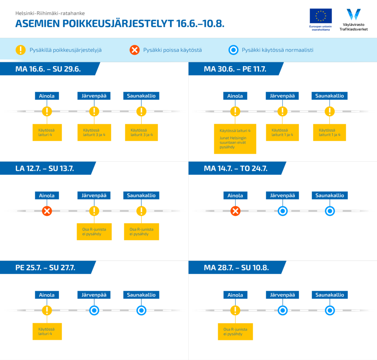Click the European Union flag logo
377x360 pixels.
(x=321, y=16)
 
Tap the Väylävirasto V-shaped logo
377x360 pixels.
(x=353, y=14)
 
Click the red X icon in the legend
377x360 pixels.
(x=135, y=50)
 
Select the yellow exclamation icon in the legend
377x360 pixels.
(x=21, y=50)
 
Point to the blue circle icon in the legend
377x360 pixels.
(x=233, y=50)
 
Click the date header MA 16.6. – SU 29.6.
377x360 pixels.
(x=48, y=69)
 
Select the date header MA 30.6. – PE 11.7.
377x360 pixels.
(x=235, y=69)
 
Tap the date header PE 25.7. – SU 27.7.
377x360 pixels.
(x=45, y=268)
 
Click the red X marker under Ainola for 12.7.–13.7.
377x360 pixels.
(x=47, y=211)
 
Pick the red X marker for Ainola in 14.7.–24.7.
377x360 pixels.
(x=235, y=211)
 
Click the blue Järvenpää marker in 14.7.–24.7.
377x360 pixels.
(x=282, y=211)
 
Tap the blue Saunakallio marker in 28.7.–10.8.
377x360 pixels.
(x=330, y=310)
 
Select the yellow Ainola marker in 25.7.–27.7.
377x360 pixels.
(x=47, y=310)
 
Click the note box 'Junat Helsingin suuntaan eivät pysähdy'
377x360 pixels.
(x=235, y=139)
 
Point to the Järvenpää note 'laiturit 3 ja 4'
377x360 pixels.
(x=94, y=132)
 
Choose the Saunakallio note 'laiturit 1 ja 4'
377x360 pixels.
(x=330, y=132)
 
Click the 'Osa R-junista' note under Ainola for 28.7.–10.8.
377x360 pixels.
(x=235, y=332)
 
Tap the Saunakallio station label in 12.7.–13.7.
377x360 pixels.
(x=141, y=196)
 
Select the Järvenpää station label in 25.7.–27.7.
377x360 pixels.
(x=94, y=295)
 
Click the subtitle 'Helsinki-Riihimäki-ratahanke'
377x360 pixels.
(x=50, y=13)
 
